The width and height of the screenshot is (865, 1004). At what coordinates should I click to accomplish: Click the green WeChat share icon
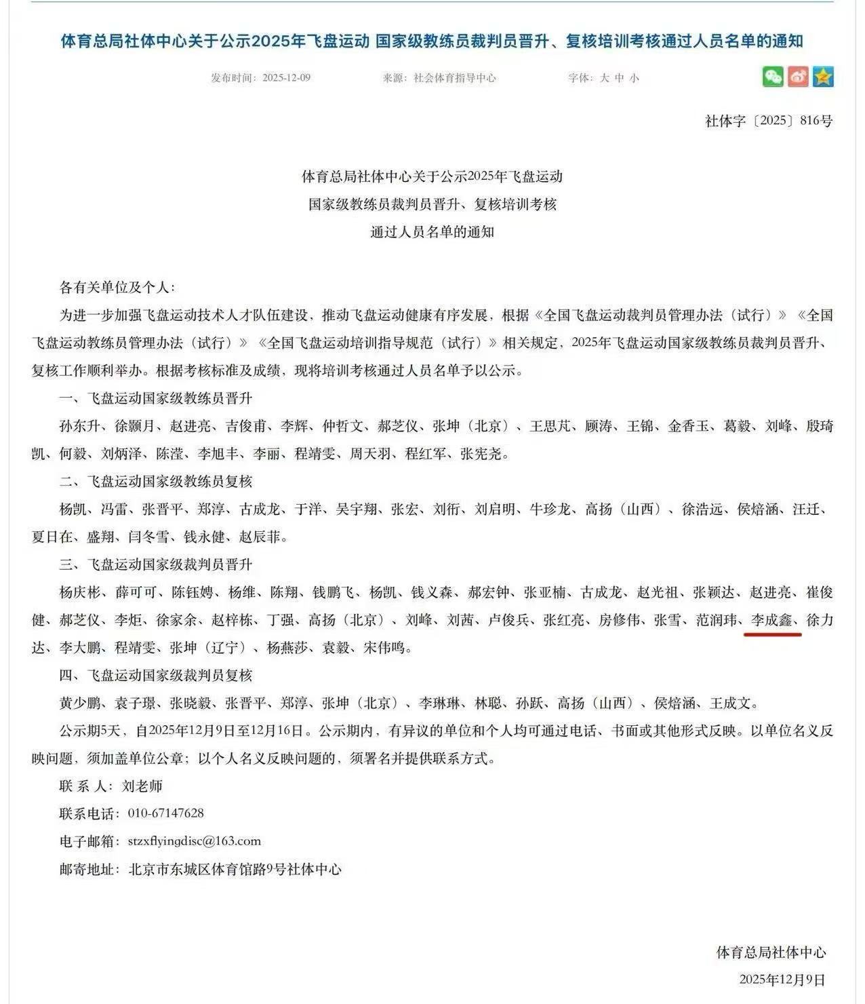773,77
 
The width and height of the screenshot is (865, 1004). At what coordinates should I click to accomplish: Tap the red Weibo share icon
798,77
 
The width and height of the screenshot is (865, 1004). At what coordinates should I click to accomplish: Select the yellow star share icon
823,77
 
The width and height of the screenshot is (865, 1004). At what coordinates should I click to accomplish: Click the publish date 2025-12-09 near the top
286,78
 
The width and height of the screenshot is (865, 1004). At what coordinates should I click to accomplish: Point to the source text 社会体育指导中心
455,78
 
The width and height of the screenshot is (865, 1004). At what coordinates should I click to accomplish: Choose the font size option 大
604,78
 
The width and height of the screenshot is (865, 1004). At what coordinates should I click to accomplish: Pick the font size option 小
634,78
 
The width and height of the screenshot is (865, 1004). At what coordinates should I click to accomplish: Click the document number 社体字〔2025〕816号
769,121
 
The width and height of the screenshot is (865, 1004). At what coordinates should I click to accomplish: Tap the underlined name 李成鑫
772,620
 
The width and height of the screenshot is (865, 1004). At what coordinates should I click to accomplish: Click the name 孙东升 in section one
79,427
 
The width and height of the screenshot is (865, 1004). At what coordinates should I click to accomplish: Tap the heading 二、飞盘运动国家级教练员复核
155,482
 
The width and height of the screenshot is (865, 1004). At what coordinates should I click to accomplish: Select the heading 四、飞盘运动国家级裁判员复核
155,676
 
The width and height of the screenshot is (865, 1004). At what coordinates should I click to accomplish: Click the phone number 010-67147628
165,813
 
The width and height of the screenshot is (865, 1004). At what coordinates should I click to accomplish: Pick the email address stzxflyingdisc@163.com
194,841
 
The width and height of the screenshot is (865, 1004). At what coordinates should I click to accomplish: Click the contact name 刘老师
142,786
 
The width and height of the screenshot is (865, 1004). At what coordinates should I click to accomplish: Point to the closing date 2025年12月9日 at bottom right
782,980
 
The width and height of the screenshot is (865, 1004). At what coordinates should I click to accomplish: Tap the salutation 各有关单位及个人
116,288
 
